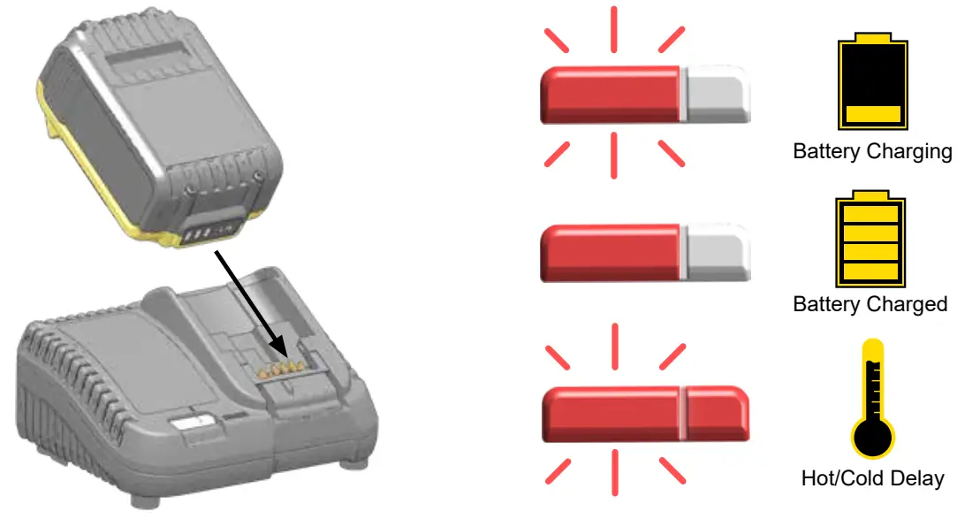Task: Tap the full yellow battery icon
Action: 872,240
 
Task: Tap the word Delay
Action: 918,479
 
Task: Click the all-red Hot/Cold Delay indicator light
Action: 645,413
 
